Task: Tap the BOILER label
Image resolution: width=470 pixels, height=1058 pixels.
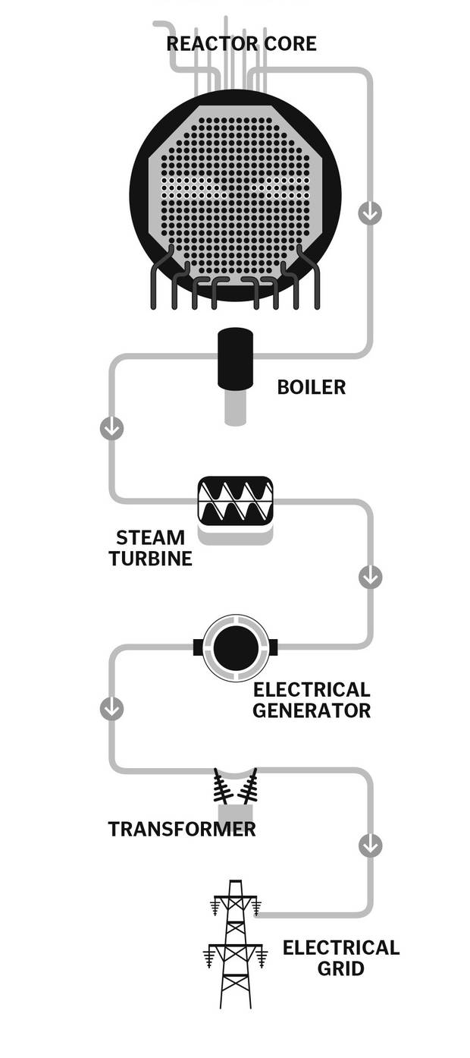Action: (311, 387)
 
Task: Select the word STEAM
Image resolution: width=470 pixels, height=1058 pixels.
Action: (150, 538)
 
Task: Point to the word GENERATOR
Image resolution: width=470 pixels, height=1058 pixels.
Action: (312, 711)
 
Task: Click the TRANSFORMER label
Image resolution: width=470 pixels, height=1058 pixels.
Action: (182, 829)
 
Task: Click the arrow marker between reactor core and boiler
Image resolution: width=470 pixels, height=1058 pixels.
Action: (370, 213)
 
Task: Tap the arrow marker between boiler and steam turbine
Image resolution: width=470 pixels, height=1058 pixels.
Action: (111, 428)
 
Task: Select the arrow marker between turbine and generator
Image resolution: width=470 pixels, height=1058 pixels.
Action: (370, 578)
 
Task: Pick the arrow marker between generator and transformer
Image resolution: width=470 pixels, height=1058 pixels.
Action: (111, 709)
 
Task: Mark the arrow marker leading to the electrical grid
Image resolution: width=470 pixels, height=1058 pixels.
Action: (370, 845)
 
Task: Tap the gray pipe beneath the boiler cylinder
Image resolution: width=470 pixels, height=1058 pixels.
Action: (235, 408)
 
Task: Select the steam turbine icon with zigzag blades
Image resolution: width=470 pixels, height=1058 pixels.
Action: (235, 500)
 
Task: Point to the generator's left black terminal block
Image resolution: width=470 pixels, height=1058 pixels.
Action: (199, 647)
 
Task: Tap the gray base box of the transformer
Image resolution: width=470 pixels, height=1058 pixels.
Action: (234, 815)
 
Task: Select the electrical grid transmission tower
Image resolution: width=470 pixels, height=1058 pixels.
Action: (235, 945)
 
